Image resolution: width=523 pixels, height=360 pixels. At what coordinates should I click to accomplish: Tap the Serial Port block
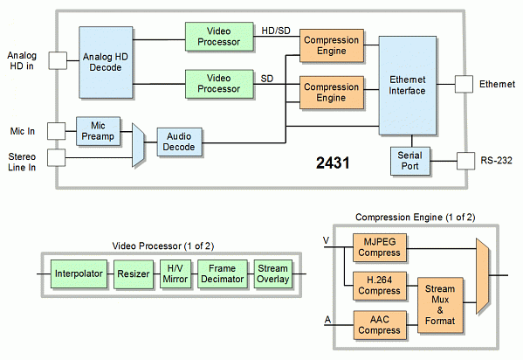click(410, 161)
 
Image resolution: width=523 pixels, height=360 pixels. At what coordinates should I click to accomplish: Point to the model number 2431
click(334, 163)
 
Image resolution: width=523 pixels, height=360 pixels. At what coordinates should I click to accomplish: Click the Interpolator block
click(78, 273)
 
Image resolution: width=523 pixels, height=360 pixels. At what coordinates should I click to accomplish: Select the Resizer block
click(134, 273)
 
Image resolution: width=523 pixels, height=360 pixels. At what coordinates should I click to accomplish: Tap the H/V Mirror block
click(175, 273)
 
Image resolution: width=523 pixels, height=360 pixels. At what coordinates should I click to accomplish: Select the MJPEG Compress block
click(380, 247)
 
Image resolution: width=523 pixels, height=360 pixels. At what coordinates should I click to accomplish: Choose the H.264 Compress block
click(380, 285)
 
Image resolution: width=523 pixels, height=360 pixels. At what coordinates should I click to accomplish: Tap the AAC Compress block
click(380, 325)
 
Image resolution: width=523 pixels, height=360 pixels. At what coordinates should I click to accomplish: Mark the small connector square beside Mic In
click(56, 130)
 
